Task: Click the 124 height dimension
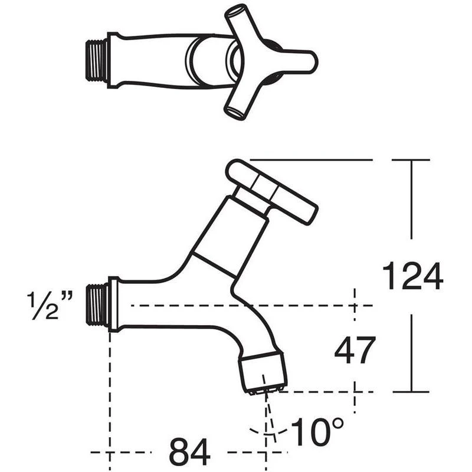click(x=412, y=276)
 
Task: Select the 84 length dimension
click(x=189, y=453)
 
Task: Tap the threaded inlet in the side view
click(x=96, y=304)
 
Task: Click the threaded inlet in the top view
click(x=96, y=59)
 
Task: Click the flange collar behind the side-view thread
click(x=113, y=305)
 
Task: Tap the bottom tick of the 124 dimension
click(x=411, y=392)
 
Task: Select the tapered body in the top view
click(x=153, y=60)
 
